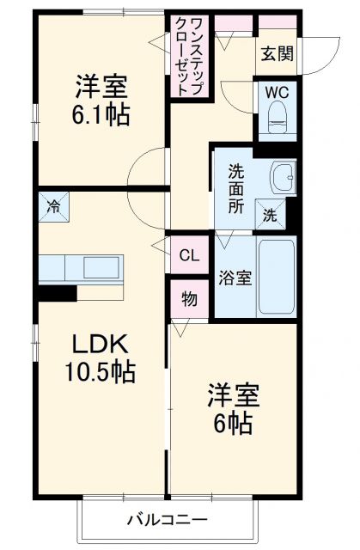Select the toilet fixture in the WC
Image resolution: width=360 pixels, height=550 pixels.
278,118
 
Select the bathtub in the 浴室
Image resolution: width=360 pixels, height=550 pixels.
277,277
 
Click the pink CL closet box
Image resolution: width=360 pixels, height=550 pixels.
189,254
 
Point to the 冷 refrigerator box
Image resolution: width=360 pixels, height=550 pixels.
54,206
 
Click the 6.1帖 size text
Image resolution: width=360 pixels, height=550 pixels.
101,114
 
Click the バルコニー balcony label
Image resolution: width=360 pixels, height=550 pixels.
168,520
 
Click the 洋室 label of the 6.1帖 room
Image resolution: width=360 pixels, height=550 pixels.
101,87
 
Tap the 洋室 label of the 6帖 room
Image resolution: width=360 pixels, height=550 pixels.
232,396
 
